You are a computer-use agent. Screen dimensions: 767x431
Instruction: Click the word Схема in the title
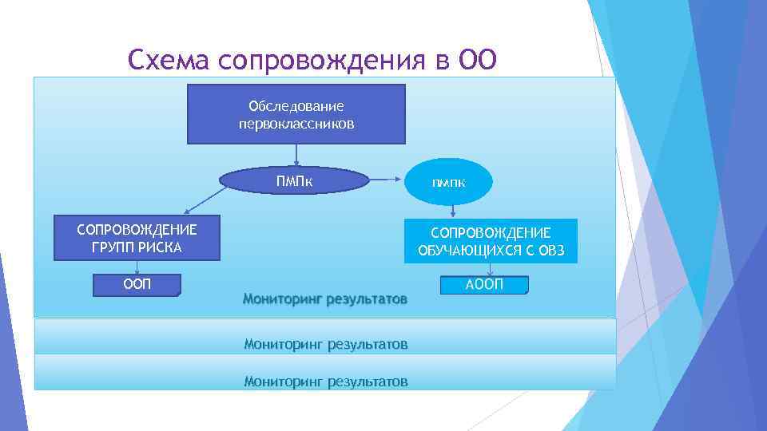(167, 60)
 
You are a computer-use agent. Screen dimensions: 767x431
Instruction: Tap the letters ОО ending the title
(477, 60)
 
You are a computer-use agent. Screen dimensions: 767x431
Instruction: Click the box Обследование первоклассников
(296, 113)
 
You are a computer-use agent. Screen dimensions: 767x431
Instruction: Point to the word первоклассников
(296, 125)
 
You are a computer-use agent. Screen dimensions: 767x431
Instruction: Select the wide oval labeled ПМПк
(295, 181)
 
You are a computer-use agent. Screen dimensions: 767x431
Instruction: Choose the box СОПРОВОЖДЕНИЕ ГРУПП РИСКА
(136, 238)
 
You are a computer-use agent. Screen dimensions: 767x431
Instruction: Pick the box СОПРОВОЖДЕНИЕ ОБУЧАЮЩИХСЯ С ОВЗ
(491, 241)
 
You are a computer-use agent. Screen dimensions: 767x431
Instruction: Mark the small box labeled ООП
(137, 285)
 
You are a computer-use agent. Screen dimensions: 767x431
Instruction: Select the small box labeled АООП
(483, 285)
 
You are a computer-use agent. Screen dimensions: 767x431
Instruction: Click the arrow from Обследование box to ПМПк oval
(296, 156)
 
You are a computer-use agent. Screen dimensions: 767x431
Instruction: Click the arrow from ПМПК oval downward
(452, 210)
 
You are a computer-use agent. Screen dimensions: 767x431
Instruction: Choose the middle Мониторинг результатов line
(325, 345)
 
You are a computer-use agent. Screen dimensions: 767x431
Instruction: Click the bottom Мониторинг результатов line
(325, 382)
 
